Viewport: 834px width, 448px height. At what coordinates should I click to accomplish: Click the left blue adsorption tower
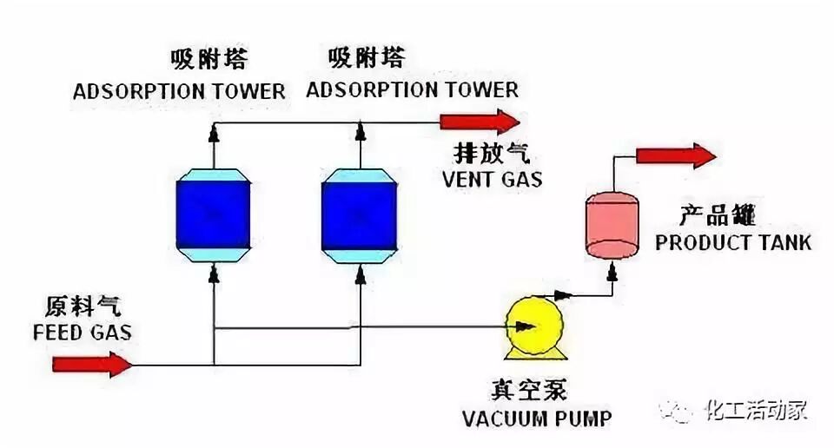coord(213,213)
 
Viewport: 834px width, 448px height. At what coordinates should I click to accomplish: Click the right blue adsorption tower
coord(360,213)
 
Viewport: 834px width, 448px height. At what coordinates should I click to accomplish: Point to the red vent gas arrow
coord(479,121)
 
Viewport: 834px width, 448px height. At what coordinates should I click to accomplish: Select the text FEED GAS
coord(83,333)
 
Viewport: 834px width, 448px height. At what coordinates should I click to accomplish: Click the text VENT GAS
coord(492,180)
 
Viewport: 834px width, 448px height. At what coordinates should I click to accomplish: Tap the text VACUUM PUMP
coord(537,418)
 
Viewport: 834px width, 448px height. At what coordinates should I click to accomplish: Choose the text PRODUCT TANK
coord(733,241)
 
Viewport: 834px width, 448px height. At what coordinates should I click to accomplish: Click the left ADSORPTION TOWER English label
coord(179,90)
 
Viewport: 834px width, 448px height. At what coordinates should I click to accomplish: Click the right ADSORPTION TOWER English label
coord(412,89)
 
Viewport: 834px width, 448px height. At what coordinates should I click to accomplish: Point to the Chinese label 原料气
coord(83,306)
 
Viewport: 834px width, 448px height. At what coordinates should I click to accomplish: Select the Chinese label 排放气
coord(491,155)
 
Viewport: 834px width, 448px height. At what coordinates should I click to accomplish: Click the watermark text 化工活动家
coord(756,409)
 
